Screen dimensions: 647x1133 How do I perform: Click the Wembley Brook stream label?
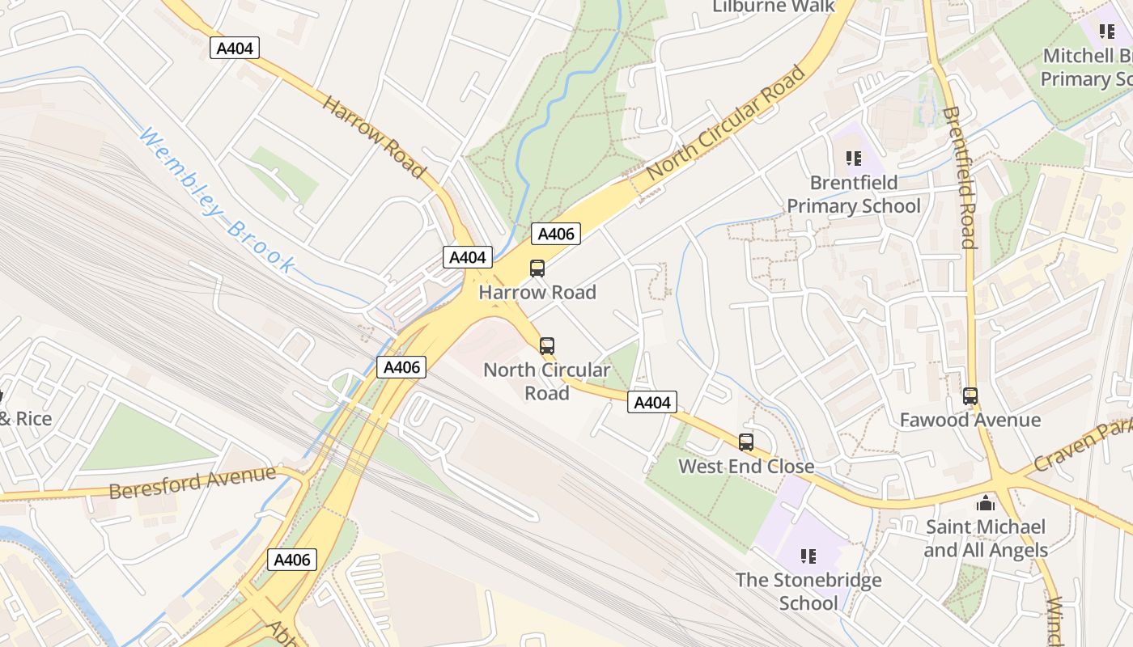click(216, 200)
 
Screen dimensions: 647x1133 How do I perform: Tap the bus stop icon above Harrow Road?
click(537, 269)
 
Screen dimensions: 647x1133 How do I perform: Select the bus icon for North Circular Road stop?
click(547, 346)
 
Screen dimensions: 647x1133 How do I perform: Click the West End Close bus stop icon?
click(746, 442)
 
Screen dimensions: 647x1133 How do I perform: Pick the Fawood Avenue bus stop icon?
click(970, 396)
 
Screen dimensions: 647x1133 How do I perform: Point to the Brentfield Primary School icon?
click(854, 159)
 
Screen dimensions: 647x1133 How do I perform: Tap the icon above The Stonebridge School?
click(808, 556)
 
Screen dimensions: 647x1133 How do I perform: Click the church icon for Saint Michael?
click(986, 503)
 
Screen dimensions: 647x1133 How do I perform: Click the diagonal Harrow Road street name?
click(374, 136)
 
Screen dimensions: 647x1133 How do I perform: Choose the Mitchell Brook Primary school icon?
click(1106, 32)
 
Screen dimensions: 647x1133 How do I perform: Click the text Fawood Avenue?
click(970, 420)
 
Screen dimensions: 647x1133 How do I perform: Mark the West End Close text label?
click(746, 466)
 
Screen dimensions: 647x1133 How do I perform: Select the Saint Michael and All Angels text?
click(986, 539)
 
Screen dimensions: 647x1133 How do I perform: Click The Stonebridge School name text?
click(808, 591)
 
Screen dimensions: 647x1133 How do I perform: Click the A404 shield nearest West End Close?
click(652, 402)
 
